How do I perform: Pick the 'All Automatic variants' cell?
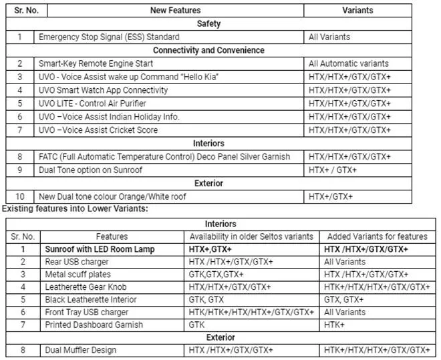(348, 63)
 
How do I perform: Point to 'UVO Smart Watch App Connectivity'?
(104, 90)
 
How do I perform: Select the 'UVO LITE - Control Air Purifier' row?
(92, 104)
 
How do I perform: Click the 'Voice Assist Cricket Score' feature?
(98, 130)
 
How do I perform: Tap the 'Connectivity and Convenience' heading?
(208, 50)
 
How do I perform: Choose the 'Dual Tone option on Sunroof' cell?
(90, 170)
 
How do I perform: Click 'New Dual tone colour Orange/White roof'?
(112, 196)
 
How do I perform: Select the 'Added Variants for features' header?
(375, 236)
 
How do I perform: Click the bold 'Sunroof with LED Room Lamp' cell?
(100, 249)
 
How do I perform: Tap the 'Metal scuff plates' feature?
(77, 275)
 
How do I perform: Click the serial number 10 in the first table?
(20, 196)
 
